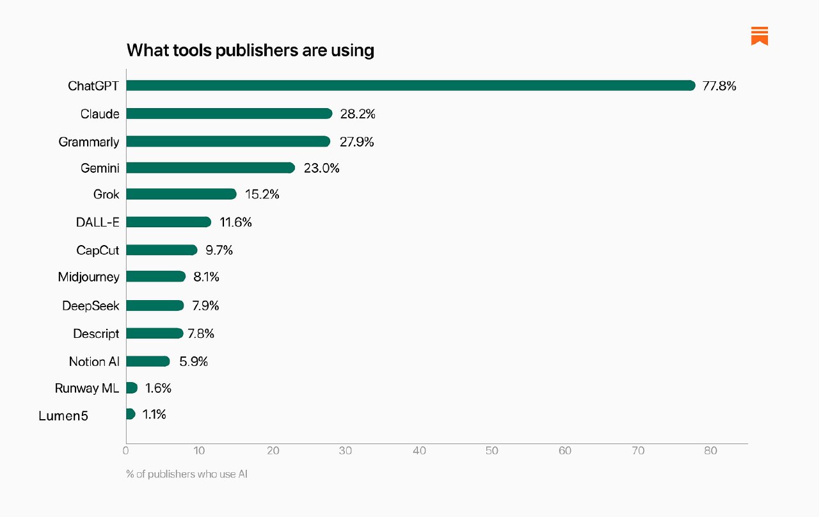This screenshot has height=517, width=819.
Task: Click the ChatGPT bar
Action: (410, 86)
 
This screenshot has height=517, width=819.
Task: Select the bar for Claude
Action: (229, 114)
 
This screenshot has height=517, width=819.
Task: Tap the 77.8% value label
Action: (719, 86)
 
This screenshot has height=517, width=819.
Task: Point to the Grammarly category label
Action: (89, 142)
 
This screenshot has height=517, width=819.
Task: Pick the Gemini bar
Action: (211, 168)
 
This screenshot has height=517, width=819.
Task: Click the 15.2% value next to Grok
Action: (262, 194)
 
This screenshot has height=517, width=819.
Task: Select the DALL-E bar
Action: (168, 222)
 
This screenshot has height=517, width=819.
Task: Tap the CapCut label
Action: (98, 250)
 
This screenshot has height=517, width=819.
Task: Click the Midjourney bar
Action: (155, 277)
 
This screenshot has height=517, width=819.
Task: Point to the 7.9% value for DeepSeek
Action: (206, 306)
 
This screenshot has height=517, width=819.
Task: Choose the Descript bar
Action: (154, 333)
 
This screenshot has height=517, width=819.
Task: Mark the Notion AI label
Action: (94, 362)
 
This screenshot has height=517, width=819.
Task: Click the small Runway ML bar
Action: (132, 388)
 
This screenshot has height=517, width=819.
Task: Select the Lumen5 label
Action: (63, 416)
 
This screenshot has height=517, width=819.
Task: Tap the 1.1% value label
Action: (154, 415)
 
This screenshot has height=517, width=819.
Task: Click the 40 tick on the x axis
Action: (419, 450)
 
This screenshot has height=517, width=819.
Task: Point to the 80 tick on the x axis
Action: (710, 450)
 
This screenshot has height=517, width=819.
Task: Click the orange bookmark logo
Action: (759, 36)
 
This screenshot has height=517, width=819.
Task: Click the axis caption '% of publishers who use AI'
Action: (187, 475)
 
